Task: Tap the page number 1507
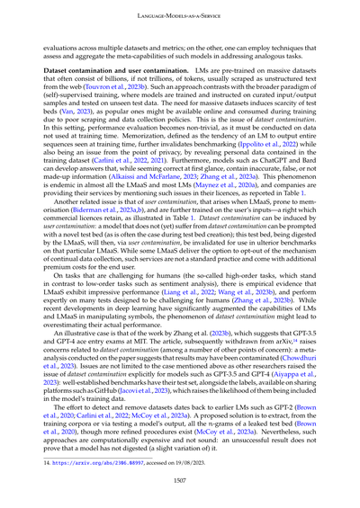[180, 482]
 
